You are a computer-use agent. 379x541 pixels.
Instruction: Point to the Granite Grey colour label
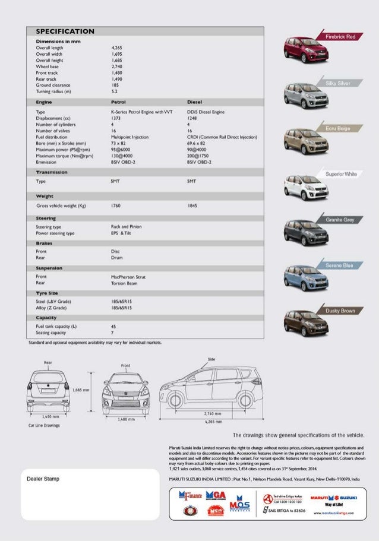tap(340, 220)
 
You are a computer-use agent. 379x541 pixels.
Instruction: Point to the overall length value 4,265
tap(117, 47)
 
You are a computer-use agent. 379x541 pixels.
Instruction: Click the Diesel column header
tap(194, 102)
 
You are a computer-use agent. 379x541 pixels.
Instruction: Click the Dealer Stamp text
tap(43, 479)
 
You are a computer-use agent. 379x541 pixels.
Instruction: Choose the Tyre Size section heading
tap(48, 293)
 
